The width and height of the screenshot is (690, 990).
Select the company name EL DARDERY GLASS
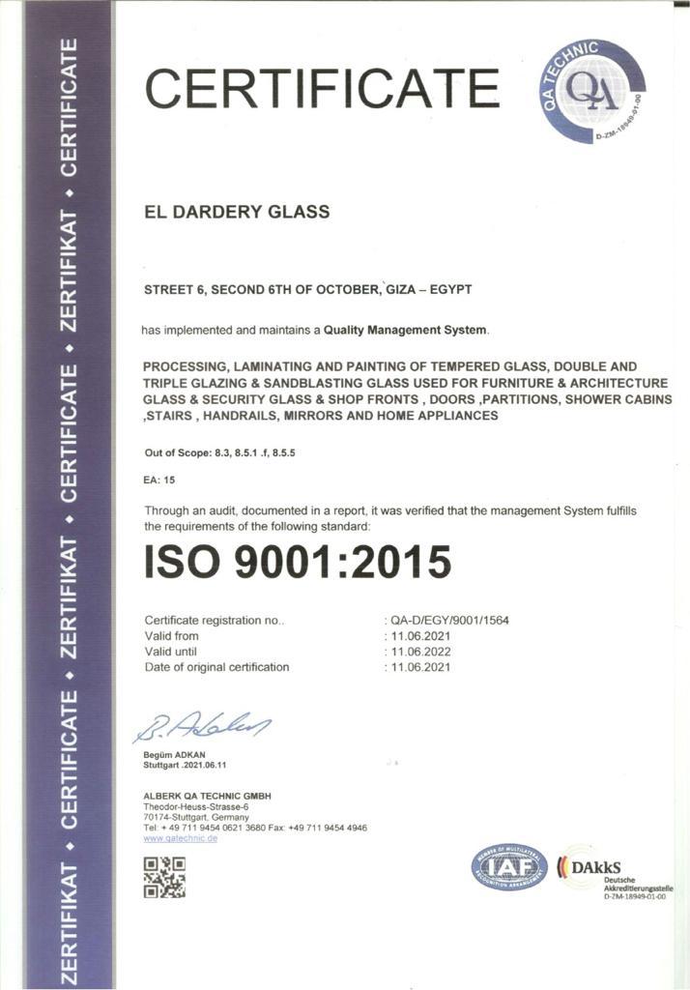tap(236, 212)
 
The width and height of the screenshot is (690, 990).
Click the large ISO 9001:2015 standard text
tap(298, 562)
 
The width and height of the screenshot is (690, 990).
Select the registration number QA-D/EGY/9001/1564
tap(449, 620)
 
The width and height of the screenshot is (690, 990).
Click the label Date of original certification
tap(216, 667)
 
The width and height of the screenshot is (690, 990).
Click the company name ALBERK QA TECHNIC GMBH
tap(207, 795)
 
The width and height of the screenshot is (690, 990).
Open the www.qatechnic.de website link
tap(180, 838)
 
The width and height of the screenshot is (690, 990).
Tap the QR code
tap(163, 877)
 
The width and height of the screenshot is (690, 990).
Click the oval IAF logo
tap(509, 866)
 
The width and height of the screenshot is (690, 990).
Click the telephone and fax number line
tap(254, 828)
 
